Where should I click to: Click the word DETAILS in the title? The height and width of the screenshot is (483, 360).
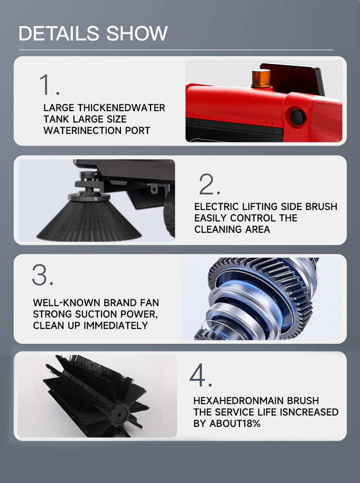coord(59,33)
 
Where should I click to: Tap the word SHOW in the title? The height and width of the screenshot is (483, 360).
coord(137,33)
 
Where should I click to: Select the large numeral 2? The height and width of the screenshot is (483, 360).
coord(206,184)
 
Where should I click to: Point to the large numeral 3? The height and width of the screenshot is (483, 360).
coord(40,274)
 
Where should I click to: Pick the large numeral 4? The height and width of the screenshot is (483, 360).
coord(197,375)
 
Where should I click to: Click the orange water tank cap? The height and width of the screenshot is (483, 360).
coord(261,78)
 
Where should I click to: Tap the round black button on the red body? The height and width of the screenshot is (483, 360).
coord(297,117)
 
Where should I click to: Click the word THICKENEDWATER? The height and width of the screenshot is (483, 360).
coord(121,108)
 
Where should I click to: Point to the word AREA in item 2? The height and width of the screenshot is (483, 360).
coord(257,230)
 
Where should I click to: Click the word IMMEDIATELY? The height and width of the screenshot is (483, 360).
coord(115,326)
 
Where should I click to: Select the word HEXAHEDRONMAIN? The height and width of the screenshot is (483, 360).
coord(238,401)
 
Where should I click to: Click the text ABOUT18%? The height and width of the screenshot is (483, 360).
coord(235,424)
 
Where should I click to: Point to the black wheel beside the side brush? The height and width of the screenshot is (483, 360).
coord(170,212)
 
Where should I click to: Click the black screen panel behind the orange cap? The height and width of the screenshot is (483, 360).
coord(293,77)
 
